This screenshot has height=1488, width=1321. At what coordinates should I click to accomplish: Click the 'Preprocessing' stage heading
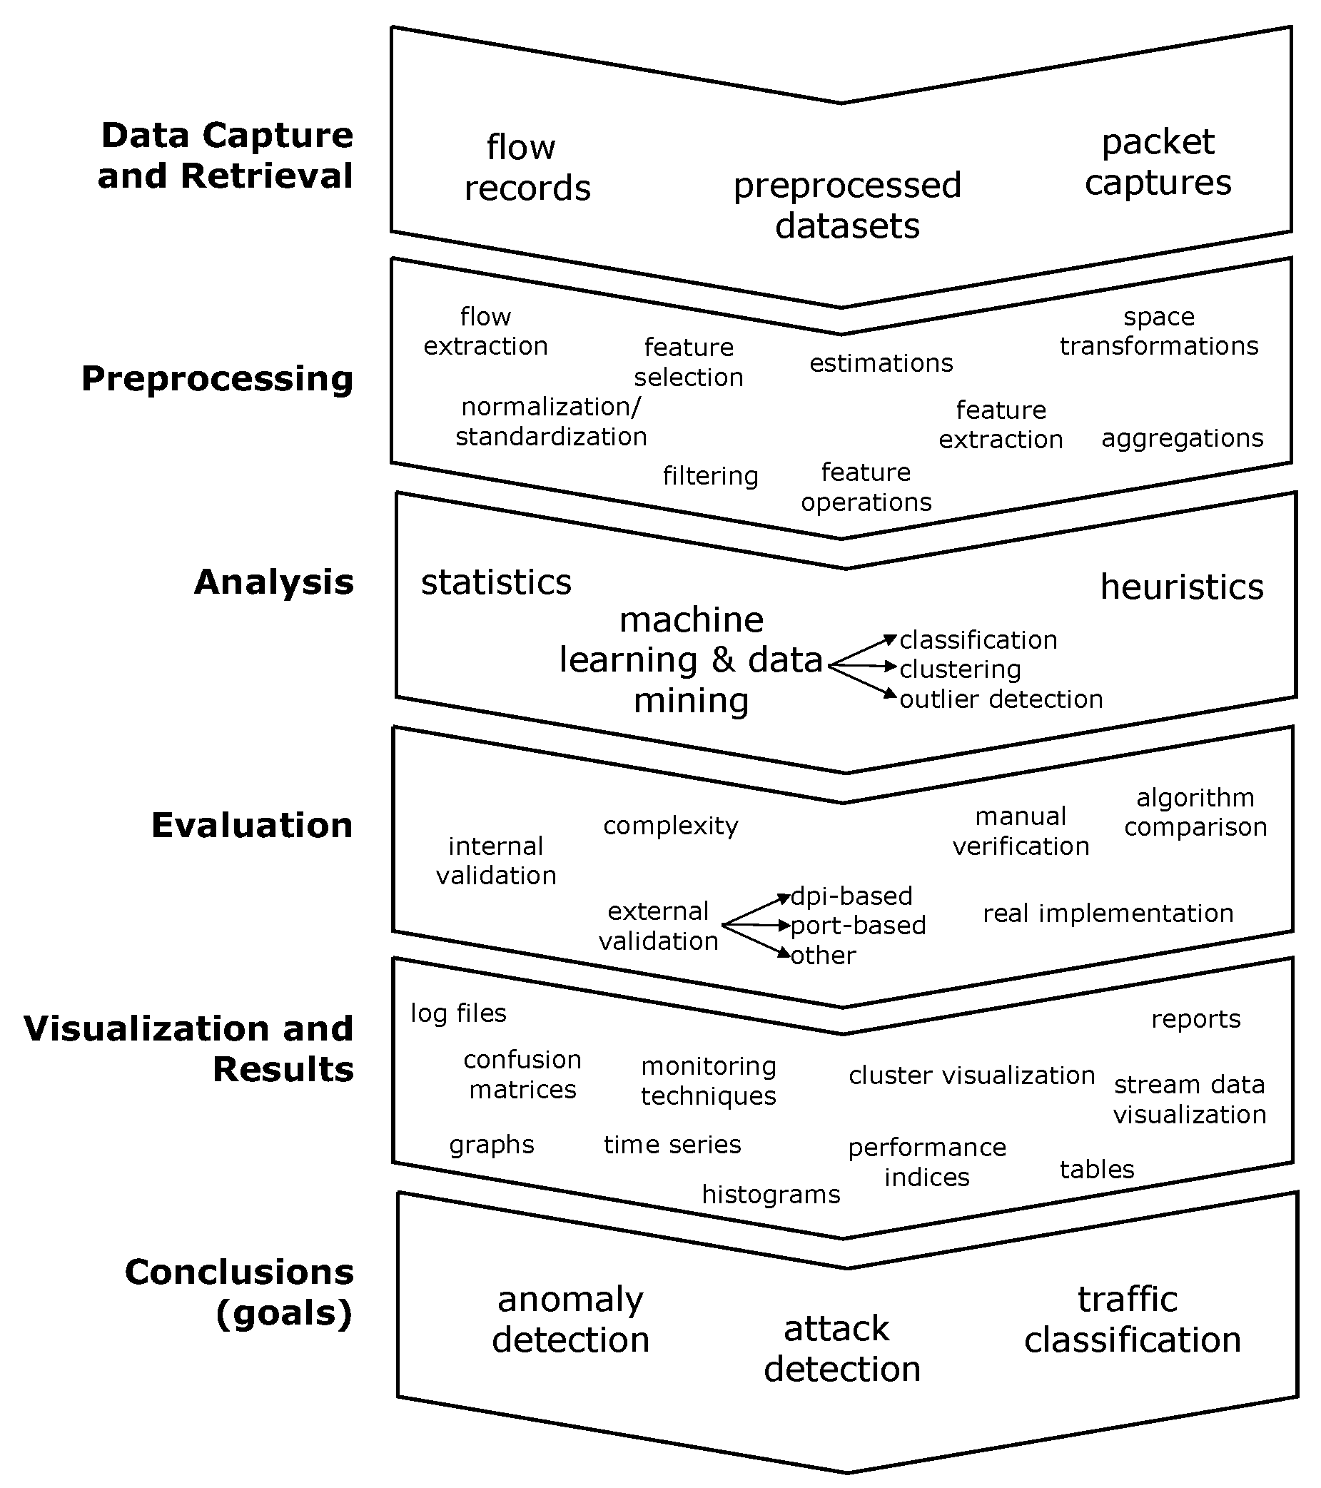[x=217, y=379]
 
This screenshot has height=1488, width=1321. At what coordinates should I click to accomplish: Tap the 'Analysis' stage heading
[x=273, y=582]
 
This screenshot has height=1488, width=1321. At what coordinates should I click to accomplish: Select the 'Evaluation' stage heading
[x=252, y=826]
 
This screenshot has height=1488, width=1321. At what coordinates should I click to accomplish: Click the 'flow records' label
[x=527, y=168]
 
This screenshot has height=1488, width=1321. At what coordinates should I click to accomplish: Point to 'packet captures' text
[x=1158, y=161]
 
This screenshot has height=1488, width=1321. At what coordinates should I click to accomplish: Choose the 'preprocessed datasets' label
[x=847, y=206]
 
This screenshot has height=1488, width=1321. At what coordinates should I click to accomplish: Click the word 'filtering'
[x=710, y=476]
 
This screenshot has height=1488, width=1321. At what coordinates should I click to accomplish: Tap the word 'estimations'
[x=881, y=363]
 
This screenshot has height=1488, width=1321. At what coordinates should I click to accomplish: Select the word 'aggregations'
[x=1182, y=438]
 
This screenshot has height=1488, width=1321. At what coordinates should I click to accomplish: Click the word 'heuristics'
[x=1181, y=587]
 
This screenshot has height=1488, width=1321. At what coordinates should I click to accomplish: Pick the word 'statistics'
[x=497, y=582]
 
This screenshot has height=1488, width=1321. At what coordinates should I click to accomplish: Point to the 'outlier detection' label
[x=1001, y=699]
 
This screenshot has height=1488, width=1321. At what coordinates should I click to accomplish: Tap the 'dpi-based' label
[x=851, y=896]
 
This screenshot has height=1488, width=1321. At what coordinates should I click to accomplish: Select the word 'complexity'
[x=670, y=826]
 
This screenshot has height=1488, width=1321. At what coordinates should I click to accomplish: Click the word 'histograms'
[x=771, y=1195]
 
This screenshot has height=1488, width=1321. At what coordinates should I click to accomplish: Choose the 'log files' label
[x=458, y=1013]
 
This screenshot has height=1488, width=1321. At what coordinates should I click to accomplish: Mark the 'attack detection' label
[x=842, y=1349]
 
